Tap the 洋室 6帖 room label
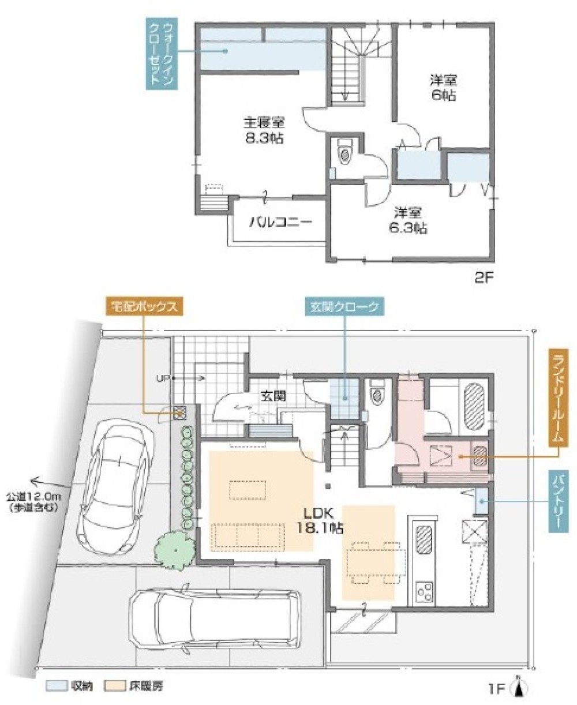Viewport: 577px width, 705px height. pyautogui.click(x=442, y=87)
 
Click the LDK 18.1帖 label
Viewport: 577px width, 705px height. pyautogui.click(x=321, y=519)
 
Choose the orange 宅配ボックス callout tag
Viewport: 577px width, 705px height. pyautogui.click(x=144, y=306)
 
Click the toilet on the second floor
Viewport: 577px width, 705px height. pyautogui.click(x=345, y=153)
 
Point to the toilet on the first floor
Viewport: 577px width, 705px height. pyautogui.click(x=377, y=396)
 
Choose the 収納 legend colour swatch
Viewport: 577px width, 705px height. pyautogui.click(x=56, y=687)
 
